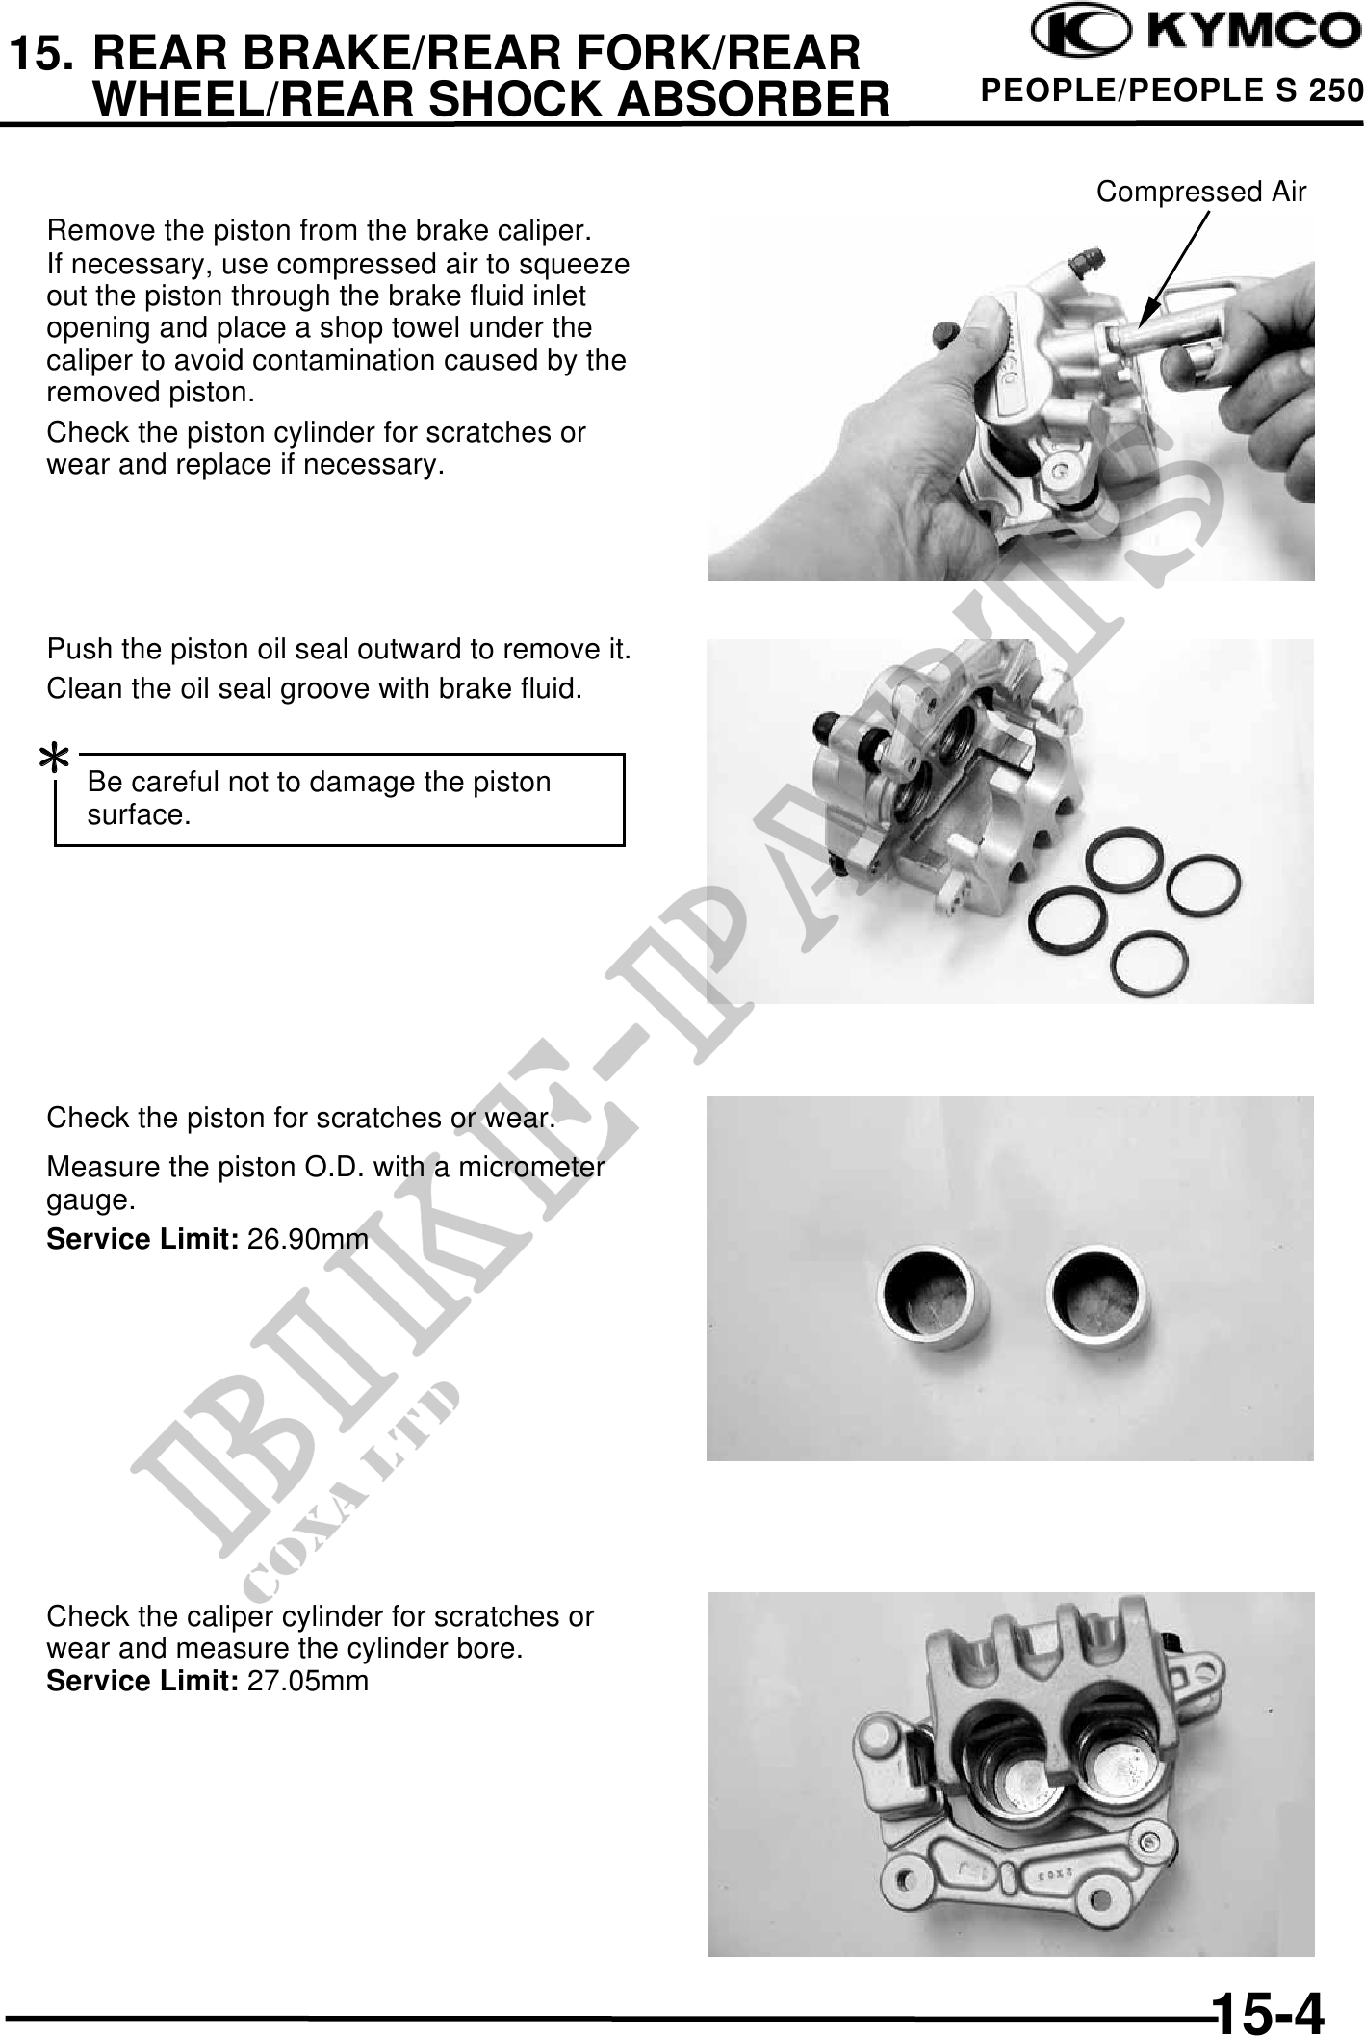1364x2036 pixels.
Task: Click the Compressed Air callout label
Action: tap(1201, 193)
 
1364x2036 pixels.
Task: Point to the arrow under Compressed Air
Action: tap(1174, 268)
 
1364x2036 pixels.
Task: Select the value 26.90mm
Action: tap(308, 1240)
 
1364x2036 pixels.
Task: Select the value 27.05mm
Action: tap(308, 1681)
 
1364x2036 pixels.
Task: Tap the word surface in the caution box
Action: tap(139, 815)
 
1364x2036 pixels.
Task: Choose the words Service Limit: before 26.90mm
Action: tap(143, 1240)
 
